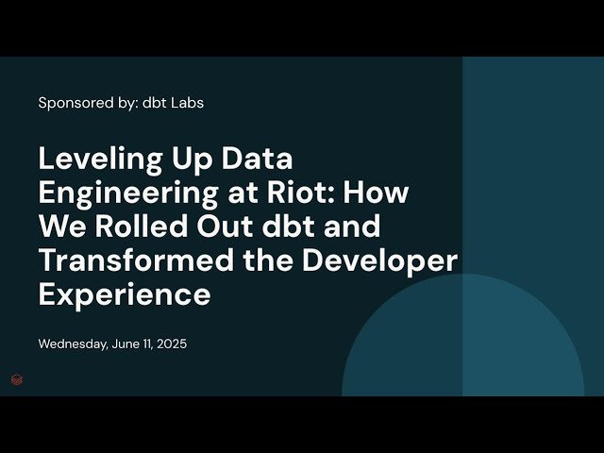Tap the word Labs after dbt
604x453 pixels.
click(x=187, y=102)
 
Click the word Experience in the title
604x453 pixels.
click(x=124, y=294)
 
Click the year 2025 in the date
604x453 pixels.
click(x=170, y=344)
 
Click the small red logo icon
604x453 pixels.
click(x=17, y=379)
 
